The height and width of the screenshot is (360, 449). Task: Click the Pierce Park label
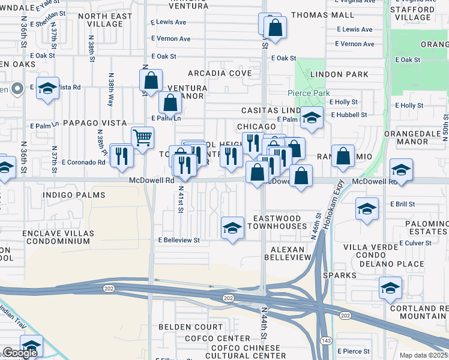317,93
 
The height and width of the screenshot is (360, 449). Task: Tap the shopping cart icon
142,138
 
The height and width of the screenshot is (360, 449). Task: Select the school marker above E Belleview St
232,228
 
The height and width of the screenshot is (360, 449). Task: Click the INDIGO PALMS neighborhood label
74,195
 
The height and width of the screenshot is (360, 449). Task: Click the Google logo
20,353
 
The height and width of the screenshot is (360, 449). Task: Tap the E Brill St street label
402,204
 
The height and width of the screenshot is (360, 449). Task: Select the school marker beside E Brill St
367,209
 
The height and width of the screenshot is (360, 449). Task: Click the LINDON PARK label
339,74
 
